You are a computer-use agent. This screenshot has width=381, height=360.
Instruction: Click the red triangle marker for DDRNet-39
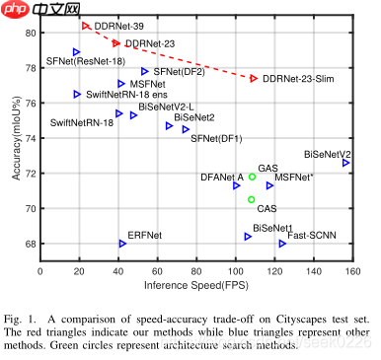point(86,26)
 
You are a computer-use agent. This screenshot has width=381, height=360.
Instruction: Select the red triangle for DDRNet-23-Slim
point(254,78)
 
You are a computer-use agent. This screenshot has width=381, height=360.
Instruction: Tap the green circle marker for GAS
point(253,178)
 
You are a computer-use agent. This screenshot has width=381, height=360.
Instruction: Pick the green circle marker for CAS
point(252,199)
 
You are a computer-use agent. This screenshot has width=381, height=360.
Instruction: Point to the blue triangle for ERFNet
point(122,244)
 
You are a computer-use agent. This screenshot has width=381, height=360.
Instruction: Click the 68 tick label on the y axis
point(30,244)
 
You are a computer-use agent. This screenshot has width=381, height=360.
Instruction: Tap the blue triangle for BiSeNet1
point(248,237)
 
